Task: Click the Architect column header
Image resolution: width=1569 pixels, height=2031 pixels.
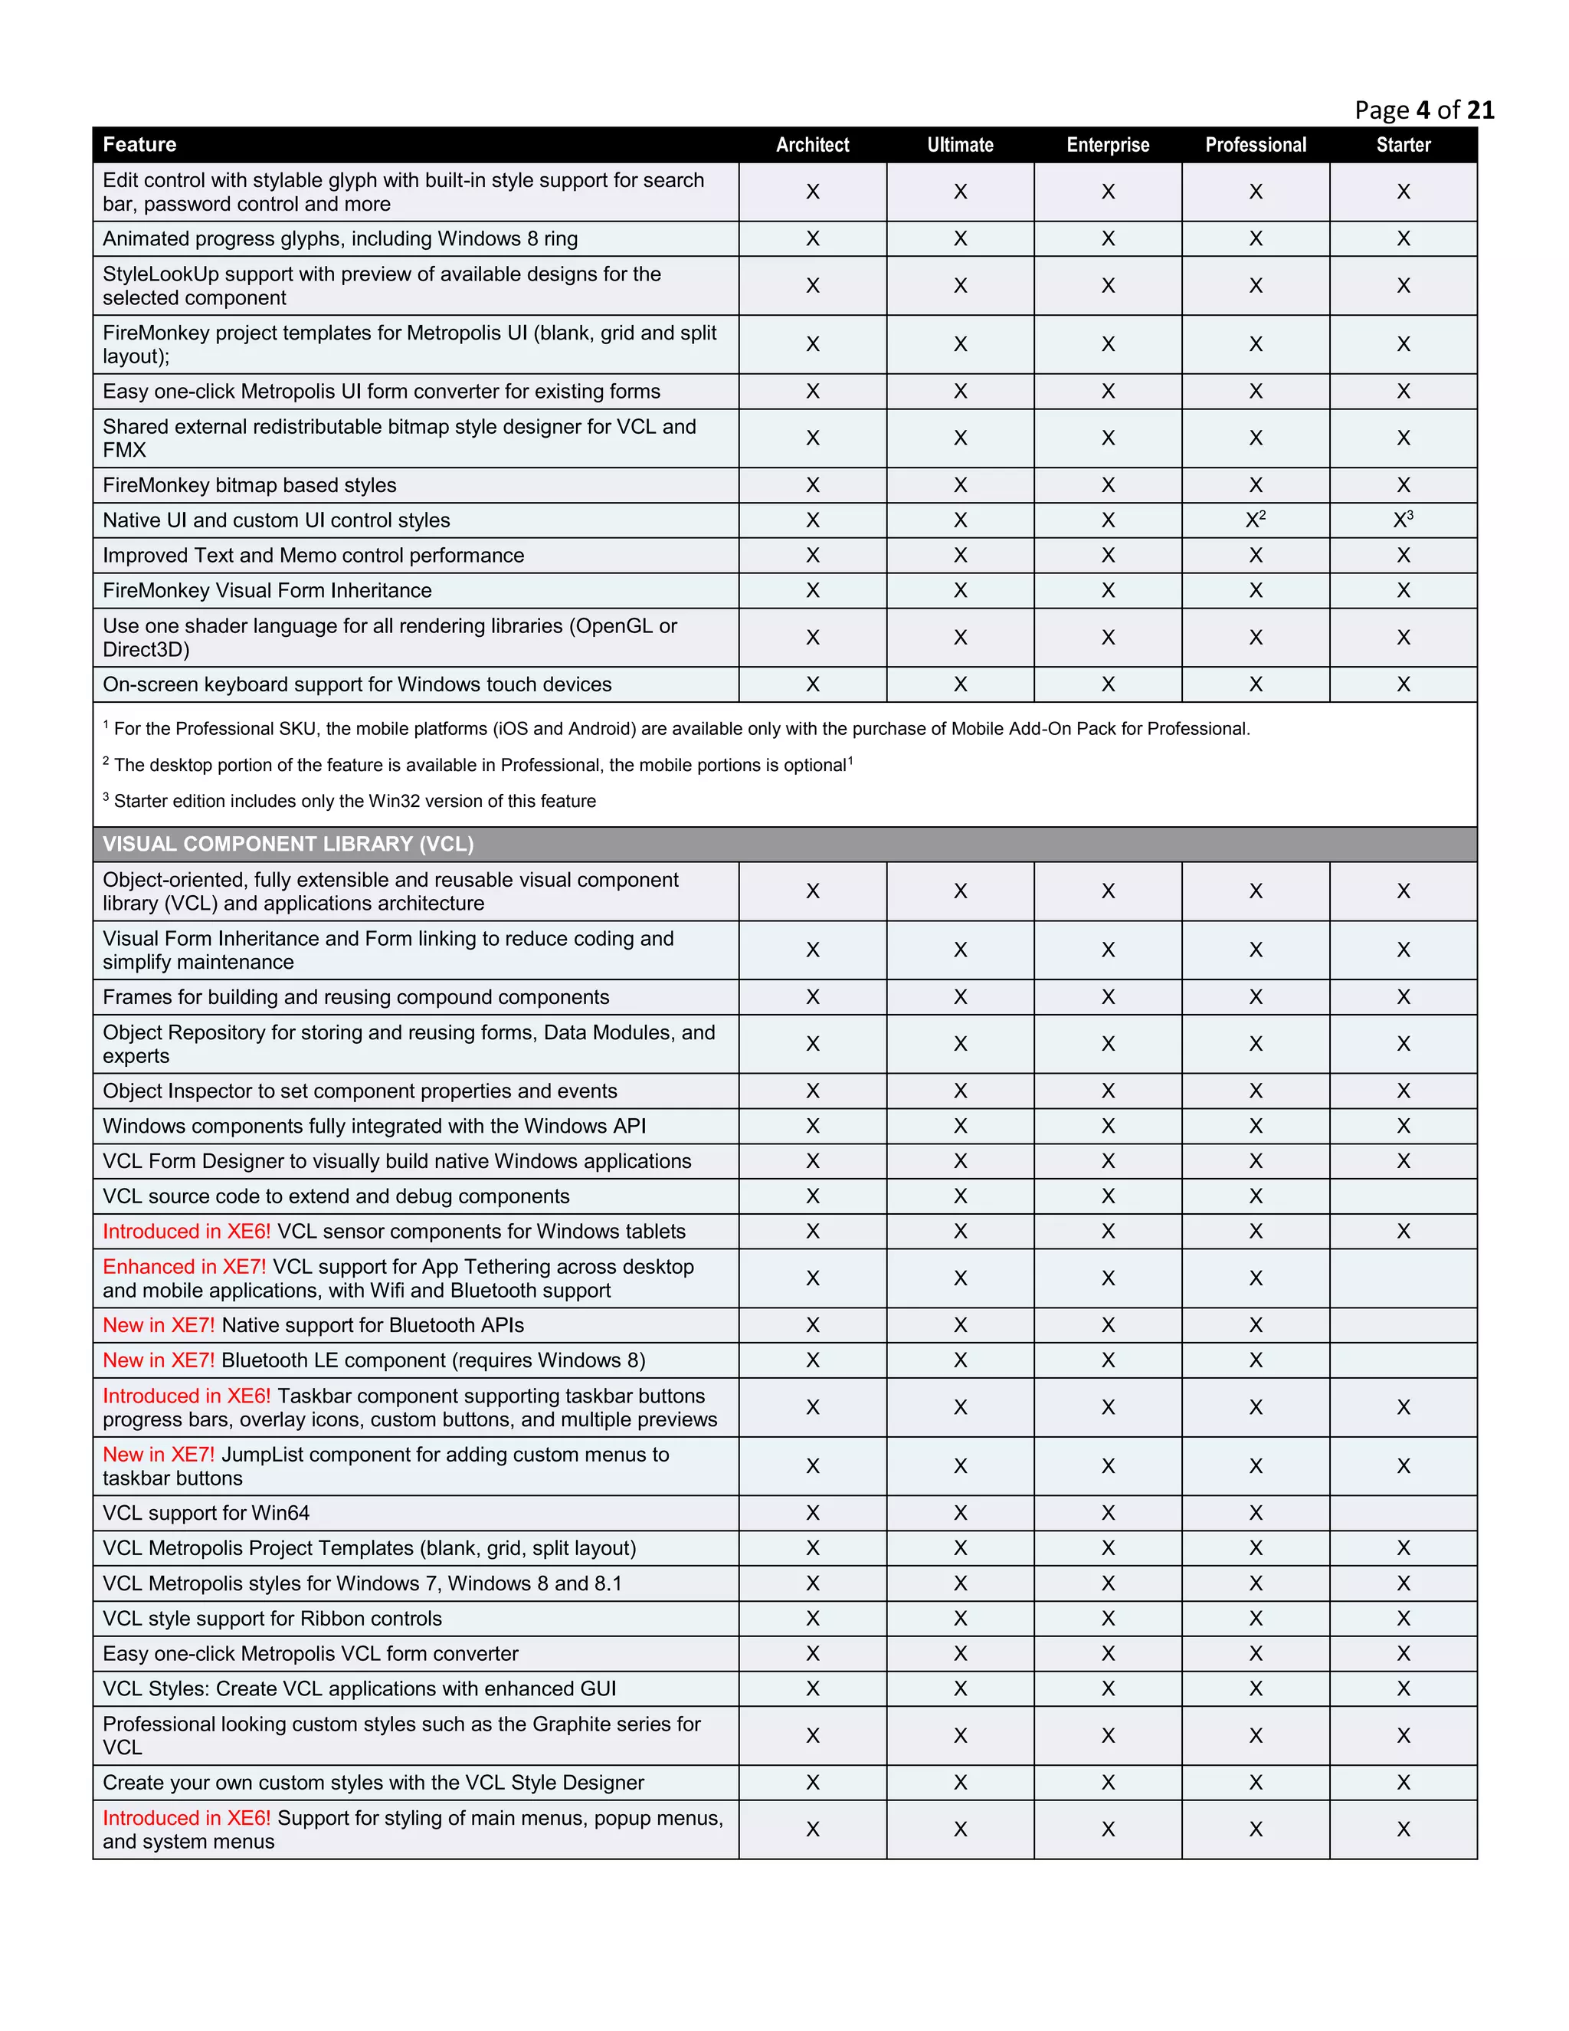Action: (x=812, y=145)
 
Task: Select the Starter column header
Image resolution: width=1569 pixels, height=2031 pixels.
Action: (x=1403, y=145)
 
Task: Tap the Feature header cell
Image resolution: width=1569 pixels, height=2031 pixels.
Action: (x=139, y=145)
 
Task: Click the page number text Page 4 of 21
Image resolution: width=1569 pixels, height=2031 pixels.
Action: (x=1424, y=110)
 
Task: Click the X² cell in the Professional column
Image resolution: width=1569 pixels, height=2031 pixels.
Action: (x=1256, y=520)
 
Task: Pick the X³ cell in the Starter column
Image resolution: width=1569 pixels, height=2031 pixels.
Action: (x=1403, y=520)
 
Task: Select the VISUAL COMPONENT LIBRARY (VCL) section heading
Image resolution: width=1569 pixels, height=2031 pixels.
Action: (x=288, y=845)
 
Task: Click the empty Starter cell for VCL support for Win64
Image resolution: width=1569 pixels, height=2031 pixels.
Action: (x=1403, y=1513)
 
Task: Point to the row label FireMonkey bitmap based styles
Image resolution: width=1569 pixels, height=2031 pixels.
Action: (x=249, y=485)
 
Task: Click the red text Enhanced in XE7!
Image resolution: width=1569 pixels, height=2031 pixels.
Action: (x=184, y=1267)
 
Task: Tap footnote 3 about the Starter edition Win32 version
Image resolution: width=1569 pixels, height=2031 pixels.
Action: (x=349, y=801)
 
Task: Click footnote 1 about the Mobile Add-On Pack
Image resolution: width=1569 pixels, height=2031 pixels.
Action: (x=676, y=729)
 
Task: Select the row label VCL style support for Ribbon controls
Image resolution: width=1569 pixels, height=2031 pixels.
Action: (x=272, y=1618)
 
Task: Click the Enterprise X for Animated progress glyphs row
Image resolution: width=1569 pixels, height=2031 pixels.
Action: (x=1108, y=239)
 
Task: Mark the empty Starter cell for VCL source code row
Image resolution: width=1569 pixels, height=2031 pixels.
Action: (x=1403, y=1197)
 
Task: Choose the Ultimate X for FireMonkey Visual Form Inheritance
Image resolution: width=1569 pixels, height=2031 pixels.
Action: (x=960, y=590)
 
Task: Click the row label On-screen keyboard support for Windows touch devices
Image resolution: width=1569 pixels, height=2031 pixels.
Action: (x=357, y=684)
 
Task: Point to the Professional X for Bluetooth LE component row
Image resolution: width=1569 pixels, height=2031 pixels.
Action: (x=1256, y=1360)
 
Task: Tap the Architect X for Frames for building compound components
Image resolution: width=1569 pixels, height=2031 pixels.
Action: (x=812, y=997)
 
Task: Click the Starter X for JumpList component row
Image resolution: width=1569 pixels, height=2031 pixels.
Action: (x=1403, y=1466)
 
